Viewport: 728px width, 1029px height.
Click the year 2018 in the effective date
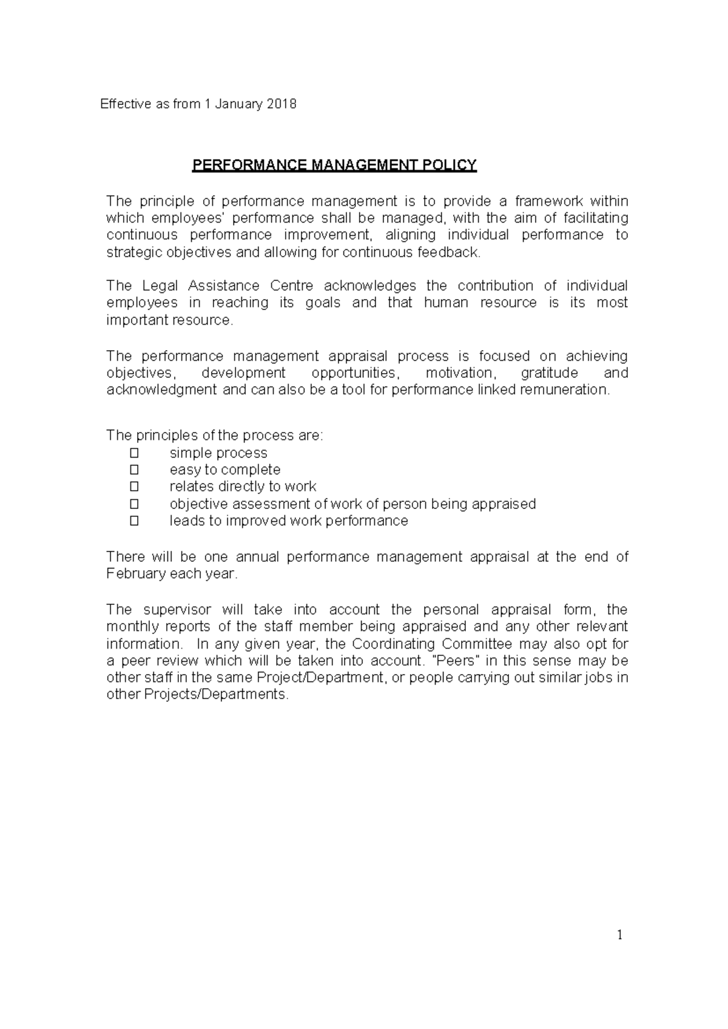(x=282, y=104)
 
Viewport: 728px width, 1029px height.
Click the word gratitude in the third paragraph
(x=549, y=373)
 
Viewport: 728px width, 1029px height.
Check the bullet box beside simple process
(x=134, y=453)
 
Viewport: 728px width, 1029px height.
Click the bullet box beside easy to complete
(x=134, y=470)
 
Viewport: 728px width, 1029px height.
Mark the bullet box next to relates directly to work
(x=134, y=487)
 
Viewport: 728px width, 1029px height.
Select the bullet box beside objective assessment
(x=134, y=504)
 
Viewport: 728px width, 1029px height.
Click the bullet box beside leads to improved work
(x=134, y=521)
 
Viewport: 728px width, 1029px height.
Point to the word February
(x=136, y=574)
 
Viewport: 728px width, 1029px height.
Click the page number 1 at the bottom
(x=620, y=936)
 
